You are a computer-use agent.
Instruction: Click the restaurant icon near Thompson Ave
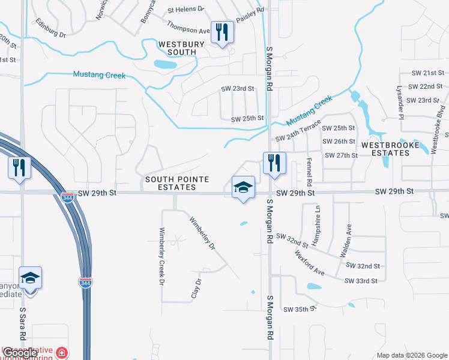click(x=222, y=32)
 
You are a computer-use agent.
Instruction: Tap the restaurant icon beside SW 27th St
click(x=274, y=163)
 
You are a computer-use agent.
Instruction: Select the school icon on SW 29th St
click(x=243, y=187)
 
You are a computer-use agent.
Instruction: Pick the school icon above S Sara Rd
click(x=30, y=278)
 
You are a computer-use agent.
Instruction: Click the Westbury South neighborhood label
click(x=177, y=48)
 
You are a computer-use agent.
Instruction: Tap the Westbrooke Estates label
click(x=385, y=149)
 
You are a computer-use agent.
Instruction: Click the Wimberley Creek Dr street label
click(x=161, y=256)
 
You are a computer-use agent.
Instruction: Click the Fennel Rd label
click(x=310, y=170)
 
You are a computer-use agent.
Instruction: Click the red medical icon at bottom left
click(x=62, y=352)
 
